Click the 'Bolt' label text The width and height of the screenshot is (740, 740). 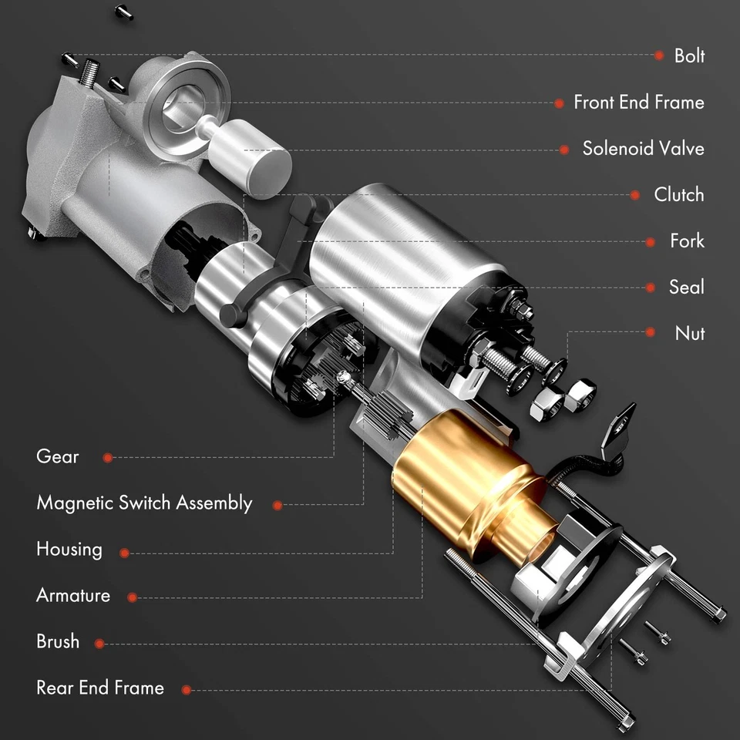point(689,55)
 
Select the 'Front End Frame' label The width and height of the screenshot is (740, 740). point(638,102)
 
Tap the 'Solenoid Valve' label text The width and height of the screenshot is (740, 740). point(643,148)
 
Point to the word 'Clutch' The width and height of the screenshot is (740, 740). point(678,194)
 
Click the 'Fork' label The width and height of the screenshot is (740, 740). point(687,240)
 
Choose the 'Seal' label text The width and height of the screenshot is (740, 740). point(686,287)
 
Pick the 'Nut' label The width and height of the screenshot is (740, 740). point(689,333)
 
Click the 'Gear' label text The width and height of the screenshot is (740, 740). point(58,456)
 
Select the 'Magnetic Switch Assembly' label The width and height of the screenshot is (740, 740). point(144,503)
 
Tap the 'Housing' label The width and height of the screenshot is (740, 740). point(69,550)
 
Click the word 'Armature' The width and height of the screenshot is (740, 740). point(73,596)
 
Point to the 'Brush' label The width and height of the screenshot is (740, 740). point(58,642)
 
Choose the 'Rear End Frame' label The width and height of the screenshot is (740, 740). point(100,688)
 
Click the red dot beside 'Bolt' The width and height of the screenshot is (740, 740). point(659,55)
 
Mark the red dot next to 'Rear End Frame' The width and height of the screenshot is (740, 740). point(186,691)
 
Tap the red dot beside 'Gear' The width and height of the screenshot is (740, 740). point(108,458)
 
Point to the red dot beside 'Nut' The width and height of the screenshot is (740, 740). point(651,333)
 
